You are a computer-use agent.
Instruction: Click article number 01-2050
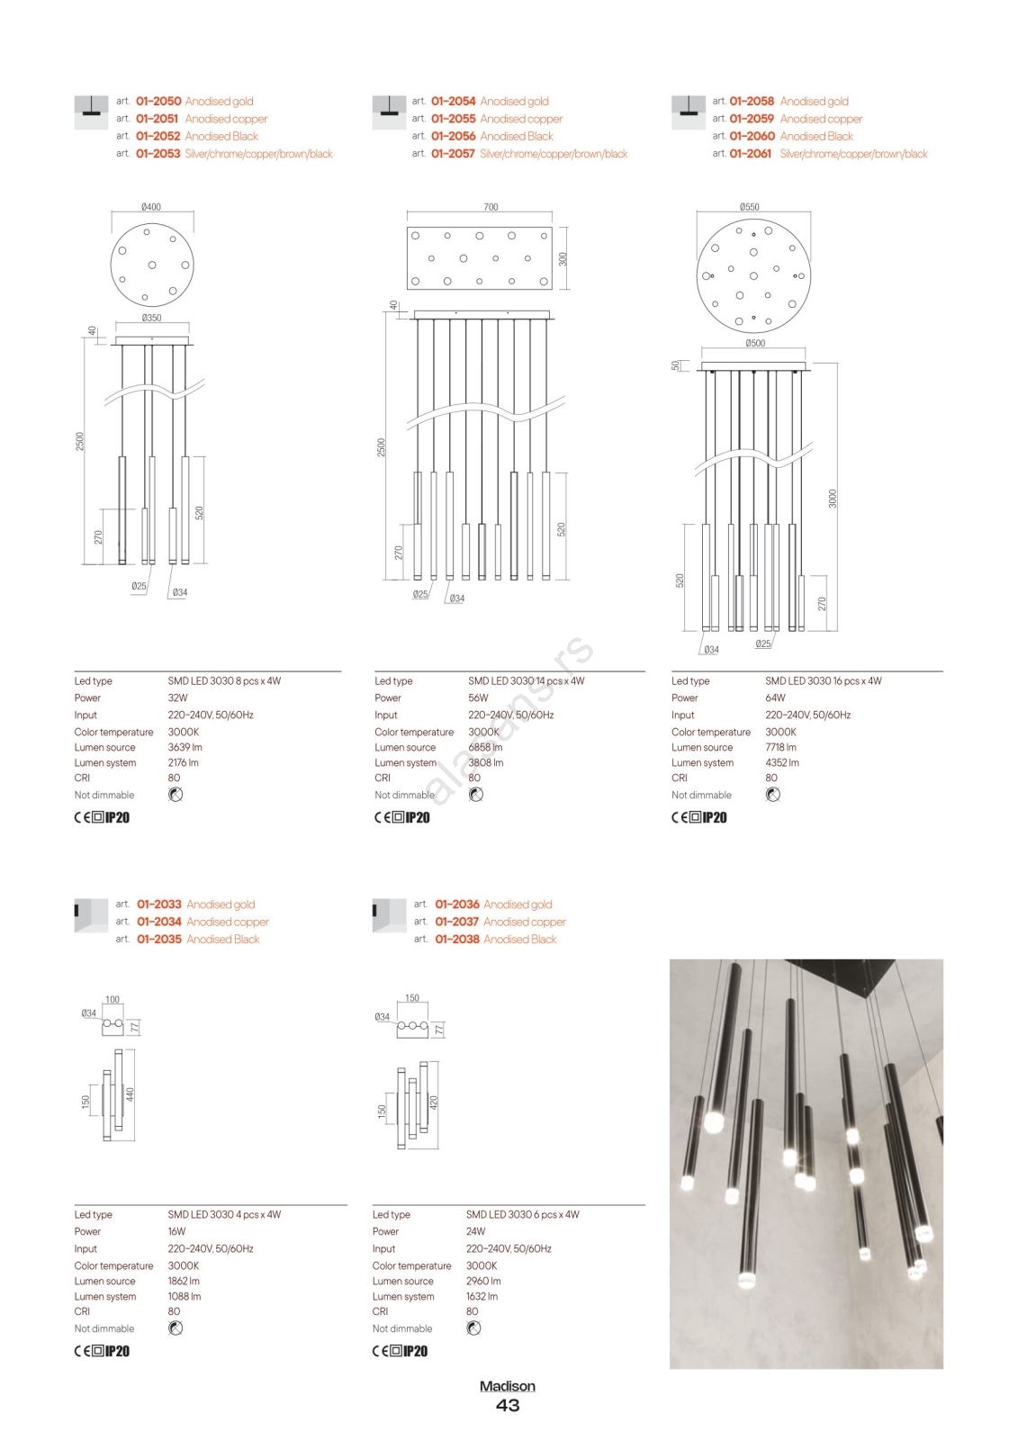coord(158,102)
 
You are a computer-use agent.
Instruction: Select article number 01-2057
coord(453,154)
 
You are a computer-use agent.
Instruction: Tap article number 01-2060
coord(752,137)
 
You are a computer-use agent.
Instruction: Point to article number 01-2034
coord(159,922)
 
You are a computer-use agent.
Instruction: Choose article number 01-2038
coord(457,940)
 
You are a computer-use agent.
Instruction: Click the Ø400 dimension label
coord(151,207)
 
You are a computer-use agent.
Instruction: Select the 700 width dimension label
coord(491,207)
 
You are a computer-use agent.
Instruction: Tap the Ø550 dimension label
coord(749,207)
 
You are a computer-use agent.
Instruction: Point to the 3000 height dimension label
coord(833,499)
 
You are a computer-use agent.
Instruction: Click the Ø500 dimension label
coord(755,344)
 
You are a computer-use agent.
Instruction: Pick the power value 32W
coord(177,697)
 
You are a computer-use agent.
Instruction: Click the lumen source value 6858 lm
coord(485,747)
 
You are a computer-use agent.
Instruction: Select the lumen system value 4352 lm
coord(781,762)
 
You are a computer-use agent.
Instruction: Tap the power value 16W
coord(176,1231)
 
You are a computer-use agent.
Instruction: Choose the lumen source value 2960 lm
coord(482,1281)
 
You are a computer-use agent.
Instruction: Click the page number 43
coord(508,1406)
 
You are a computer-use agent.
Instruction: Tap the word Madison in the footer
coord(508,1386)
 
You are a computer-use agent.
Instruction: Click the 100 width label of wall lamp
coord(113,1000)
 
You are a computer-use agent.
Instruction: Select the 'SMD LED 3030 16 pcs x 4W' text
coord(823,681)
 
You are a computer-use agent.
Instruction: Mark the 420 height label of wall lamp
coord(433,1102)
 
